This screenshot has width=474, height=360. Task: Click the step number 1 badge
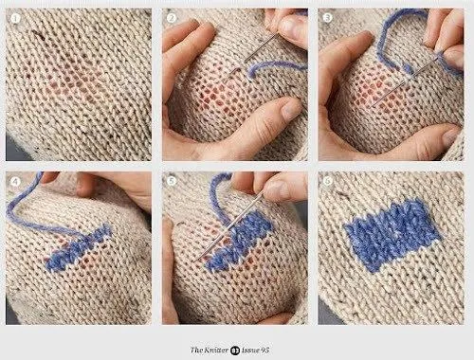click(x=15, y=18)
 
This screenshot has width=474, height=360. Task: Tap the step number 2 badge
click(x=172, y=18)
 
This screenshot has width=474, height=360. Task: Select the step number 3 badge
click(x=327, y=18)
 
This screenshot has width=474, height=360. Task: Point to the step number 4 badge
click(x=15, y=182)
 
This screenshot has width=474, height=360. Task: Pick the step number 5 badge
click(x=172, y=181)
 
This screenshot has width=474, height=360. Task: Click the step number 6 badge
click(x=327, y=181)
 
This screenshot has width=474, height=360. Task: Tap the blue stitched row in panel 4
click(x=79, y=247)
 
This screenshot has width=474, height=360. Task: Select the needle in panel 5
click(x=230, y=225)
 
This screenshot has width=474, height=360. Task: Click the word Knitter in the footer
click(x=216, y=350)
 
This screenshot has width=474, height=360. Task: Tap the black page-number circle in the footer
click(x=235, y=351)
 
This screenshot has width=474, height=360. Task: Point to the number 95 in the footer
click(x=264, y=350)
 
